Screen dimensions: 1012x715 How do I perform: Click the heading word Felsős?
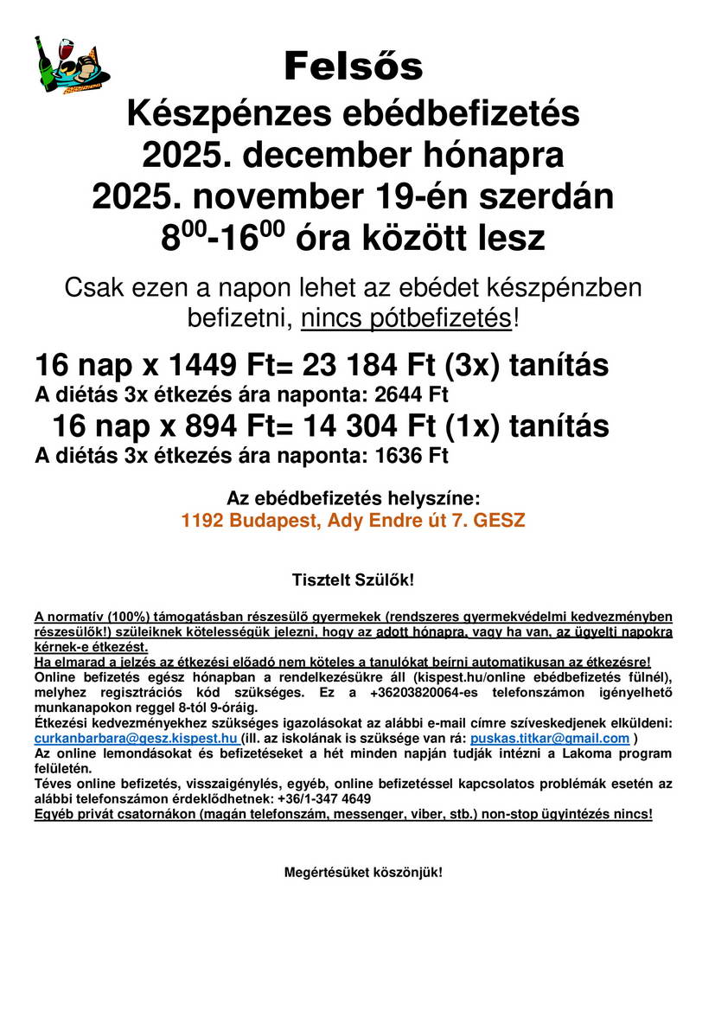pyautogui.click(x=354, y=66)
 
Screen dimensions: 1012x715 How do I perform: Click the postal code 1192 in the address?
pyautogui.click(x=201, y=522)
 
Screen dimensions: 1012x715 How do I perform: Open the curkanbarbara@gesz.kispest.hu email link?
pyautogui.click(x=136, y=739)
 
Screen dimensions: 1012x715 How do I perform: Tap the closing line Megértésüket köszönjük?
pyautogui.click(x=363, y=872)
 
